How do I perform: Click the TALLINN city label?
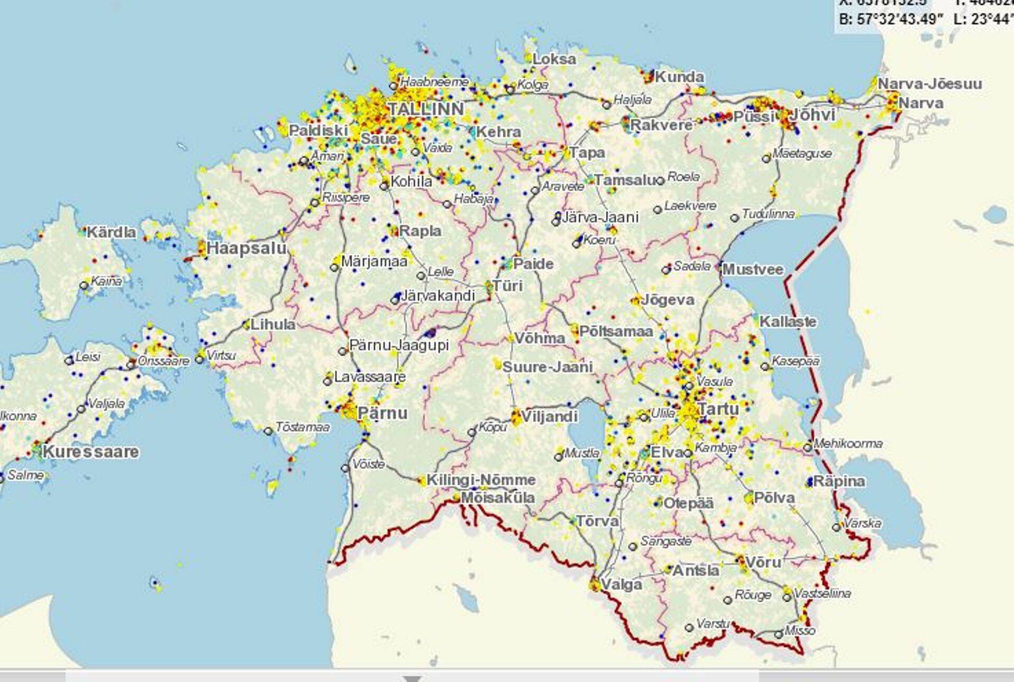pos(426,109)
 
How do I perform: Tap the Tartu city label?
pos(718,409)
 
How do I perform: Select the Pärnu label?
pos(382,413)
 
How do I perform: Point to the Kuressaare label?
pos(91,452)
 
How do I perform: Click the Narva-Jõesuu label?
pos(929,84)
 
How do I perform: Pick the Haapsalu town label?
pos(246,248)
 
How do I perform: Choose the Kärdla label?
pos(111,232)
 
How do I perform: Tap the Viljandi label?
pos(549,416)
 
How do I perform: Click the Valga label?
pos(622,584)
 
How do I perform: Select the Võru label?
pos(763,563)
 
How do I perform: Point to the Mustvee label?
pos(753,269)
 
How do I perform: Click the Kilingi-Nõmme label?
pos(481,480)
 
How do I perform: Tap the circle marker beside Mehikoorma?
pos(808,448)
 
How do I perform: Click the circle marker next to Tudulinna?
pos(735,218)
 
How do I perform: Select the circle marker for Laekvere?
pos(658,210)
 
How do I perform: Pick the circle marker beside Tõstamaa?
pos(268,431)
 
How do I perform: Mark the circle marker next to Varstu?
pos(689,628)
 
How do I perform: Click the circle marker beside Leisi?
pos(69,361)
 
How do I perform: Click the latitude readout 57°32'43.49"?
pos(890,20)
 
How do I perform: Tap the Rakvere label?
pos(661,126)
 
